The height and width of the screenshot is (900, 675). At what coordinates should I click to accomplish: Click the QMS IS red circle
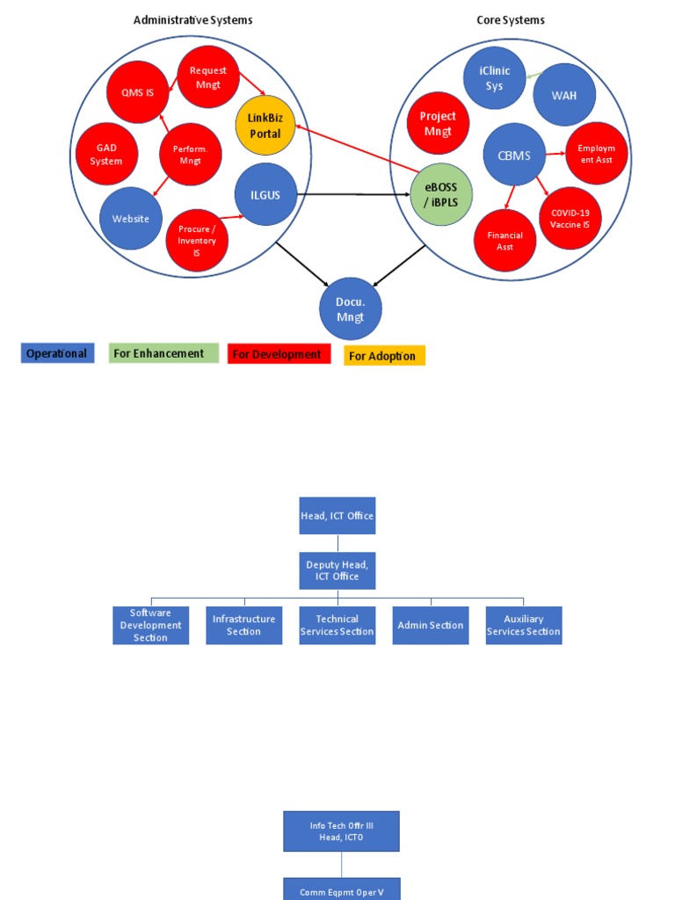[x=137, y=92]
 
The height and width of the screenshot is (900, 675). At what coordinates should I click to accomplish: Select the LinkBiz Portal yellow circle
[x=265, y=126]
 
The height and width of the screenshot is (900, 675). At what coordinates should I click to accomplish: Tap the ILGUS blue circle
[x=265, y=194]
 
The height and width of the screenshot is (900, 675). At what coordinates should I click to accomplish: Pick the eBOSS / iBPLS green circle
[x=441, y=194]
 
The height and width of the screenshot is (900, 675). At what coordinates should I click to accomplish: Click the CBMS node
[x=514, y=155]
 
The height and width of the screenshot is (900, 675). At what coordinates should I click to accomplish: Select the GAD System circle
[x=106, y=154]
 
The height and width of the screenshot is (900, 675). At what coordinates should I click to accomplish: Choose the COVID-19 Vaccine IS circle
[x=570, y=218]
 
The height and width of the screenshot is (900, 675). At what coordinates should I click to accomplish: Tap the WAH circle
[x=564, y=95]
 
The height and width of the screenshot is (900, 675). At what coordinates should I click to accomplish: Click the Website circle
[x=130, y=219]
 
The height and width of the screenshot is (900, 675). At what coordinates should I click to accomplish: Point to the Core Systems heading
[x=511, y=19]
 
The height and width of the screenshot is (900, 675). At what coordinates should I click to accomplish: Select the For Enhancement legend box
[x=163, y=353]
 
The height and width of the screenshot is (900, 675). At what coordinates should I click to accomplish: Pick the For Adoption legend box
[x=384, y=356]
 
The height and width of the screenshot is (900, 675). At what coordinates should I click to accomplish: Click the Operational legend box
[x=57, y=353]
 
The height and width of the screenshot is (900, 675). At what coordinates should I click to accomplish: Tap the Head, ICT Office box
[x=337, y=516]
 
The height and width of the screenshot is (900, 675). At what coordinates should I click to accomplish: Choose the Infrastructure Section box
[x=244, y=625]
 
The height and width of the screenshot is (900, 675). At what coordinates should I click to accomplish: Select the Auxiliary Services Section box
[x=524, y=625]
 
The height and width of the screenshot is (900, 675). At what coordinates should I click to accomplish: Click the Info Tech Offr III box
[x=341, y=831]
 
